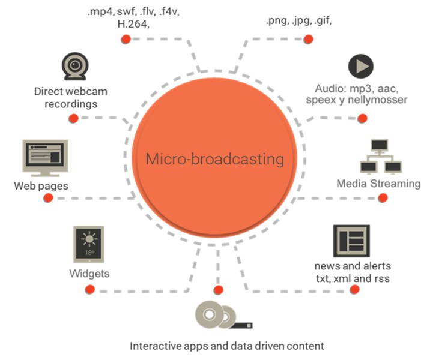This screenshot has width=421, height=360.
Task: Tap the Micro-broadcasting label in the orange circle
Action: tap(214, 160)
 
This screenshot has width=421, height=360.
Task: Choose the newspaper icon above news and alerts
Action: tap(350, 242)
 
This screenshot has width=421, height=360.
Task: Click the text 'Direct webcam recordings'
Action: tap(65, 98)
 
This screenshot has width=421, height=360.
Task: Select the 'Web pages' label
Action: tap(41, 186)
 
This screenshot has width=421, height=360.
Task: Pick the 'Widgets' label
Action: tap(89, 274)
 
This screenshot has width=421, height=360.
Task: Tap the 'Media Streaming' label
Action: tap(378, 184)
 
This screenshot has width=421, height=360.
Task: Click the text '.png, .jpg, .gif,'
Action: tap(298, 21)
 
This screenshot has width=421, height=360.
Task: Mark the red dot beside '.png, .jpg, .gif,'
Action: tap(308, 40)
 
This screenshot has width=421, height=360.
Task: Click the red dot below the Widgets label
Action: tap(91, 291)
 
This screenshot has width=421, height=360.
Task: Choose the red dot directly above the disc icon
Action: tap(218, 290)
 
